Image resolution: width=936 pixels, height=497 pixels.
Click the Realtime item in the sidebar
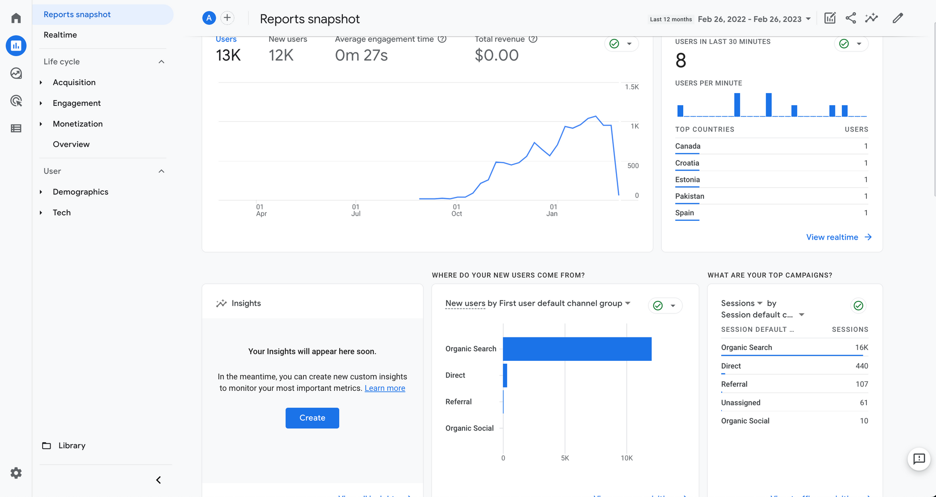coord(60,35)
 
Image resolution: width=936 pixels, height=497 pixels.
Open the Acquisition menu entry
coord(74,82)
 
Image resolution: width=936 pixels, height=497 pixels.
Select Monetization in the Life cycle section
coord(77,124)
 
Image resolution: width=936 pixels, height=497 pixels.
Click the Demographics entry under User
coord(80,192)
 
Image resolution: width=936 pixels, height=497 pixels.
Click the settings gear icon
coord(16,473)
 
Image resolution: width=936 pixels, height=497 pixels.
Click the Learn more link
coord(385,388)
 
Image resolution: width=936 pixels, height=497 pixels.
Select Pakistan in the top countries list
coord(689,196)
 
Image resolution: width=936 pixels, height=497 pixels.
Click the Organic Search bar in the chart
coord(577,349)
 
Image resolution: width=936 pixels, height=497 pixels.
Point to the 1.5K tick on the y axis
coord(631,87)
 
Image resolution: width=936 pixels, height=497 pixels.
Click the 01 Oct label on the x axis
coord(456,210)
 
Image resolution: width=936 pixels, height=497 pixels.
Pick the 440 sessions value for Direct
coord(862,366)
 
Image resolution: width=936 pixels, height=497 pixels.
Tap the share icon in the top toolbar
coord(850,18)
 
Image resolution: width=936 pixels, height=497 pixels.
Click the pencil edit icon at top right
coord(897,18)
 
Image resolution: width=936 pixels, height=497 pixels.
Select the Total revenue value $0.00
coord(496,55)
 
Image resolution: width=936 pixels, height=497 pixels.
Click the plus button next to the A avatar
coord(227,18)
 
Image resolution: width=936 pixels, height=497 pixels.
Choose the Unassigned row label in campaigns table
coord(740,403)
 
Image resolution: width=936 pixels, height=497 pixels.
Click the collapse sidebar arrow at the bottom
coord(159,480)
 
